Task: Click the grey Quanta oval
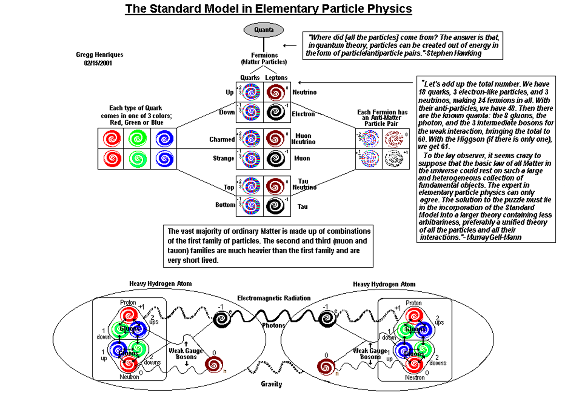(x=264, y=30)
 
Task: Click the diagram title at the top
(x=268, y=9)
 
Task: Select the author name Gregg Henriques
(x=99, y=55)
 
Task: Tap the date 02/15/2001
(x=98, y=63)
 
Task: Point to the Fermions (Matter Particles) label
(x=264, y=59)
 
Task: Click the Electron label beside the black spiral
(x=303, y=114)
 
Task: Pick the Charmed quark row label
(x=222, y=139)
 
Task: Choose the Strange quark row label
(x=223, y=158)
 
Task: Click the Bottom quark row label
(x=225, y=205)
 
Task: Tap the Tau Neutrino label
(x=304, y=184)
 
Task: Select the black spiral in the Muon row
(x=276, y=159)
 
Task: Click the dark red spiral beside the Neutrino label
(x=276, y=92)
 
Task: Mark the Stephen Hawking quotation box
(x=403, y=45)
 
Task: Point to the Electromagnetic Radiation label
(x=274, y=298)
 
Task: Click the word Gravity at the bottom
(x=271, y=384)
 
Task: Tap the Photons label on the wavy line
(x=273, y=325)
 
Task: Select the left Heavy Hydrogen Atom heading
(x=160, y=284)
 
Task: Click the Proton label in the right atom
(x=413, y=303)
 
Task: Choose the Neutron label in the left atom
(x=129, y=377)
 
